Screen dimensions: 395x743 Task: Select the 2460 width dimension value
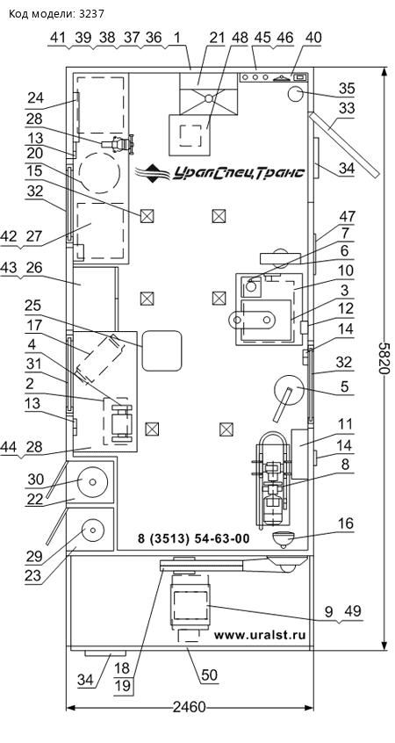(190, 708)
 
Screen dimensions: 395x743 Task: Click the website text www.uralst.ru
(260, 635)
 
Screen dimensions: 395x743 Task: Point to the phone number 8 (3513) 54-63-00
(194, 538)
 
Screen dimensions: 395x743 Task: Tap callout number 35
(347, 89)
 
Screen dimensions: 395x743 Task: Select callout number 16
(346, 523)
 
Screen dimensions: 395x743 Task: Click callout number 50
(209, 674)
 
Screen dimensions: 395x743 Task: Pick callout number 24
(35, 98)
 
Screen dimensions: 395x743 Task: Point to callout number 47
(347, 217)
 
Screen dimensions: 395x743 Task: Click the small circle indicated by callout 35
(296, 93)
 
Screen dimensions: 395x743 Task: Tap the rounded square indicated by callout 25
(162, 351)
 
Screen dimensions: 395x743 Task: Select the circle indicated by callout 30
(92, 482)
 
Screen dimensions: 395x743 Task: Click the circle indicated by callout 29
(93, 530)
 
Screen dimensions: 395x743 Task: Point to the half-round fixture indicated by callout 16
(284, 539)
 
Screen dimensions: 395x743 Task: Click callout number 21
(217, 39)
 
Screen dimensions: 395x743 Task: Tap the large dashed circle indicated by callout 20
(99, 172)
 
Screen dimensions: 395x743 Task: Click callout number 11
(346, 424)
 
